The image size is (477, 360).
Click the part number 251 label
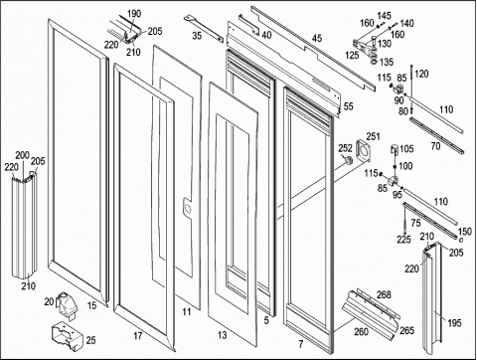[x=373, y=136]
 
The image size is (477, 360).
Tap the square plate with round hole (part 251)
[x=364, y=151]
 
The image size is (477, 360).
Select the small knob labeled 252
[x=348, y=161]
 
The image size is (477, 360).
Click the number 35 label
[x=197, y=35]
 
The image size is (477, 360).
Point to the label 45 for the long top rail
[x=317, y=39]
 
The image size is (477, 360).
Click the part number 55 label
[x=348, y=106]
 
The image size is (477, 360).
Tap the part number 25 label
[x=90, y=340]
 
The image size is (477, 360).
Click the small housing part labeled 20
[x=68, y=304]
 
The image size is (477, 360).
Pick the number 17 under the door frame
[x=138, y=336]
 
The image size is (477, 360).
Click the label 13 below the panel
[x=223, y=335]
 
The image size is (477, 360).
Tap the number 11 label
[x=187, y=311]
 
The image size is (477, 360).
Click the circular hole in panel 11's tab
[x=187, y=208]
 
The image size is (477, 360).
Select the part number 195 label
[x=454, y=323]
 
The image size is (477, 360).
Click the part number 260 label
[x=361, y=331]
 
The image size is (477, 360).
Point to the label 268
[x=384, y=294]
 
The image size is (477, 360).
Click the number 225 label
[x=403, y=240]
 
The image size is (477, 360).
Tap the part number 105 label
[x=406, y=149]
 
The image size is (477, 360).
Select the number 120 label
[x=421, y=74]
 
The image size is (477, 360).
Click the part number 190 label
[x=134, y=14]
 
